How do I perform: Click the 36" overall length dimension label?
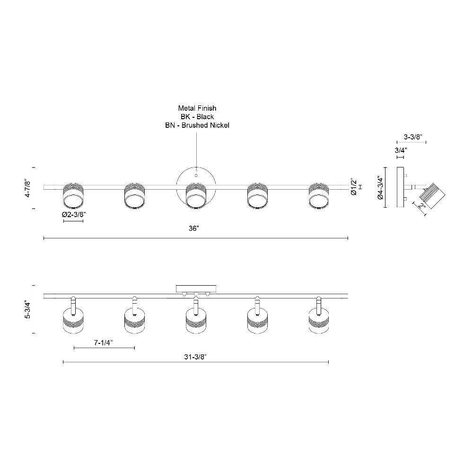coord(193,228)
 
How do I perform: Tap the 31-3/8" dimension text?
coord(195,357)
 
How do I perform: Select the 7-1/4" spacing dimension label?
coord(104,342)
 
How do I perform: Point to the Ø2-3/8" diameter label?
coord(74,214)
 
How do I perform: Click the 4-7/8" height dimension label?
coord(27,188)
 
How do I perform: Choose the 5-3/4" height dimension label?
coord(27,309)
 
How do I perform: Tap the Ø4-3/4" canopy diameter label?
coord(380,188)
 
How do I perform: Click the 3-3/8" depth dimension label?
coord(413,137)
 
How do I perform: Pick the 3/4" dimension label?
coord(401,150)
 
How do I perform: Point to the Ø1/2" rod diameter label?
coord(354,187)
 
